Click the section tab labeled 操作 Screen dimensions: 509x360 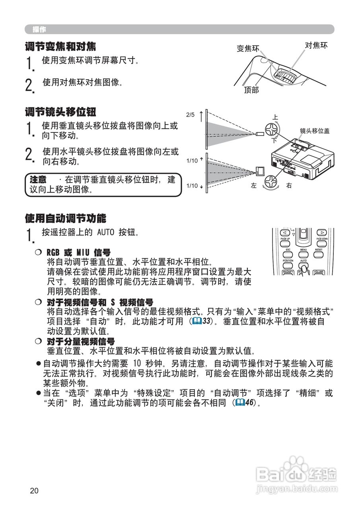pos(39,29)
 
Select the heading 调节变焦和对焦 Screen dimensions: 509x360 pos(60,47)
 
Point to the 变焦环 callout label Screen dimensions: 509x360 pos(248,49)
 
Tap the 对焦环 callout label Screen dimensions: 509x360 pos(316,45)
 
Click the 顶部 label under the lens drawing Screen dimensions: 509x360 pos(251,90)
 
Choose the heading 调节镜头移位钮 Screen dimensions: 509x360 pos(60,112)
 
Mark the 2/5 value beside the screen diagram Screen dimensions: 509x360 pos(191,115)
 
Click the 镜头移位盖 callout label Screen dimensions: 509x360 pos(314,130)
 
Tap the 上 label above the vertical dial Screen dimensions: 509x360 pos(275,117)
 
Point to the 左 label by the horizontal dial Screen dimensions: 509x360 pos(254,186)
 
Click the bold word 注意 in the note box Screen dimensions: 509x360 pos(38,179)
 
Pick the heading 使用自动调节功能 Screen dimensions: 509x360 pos(66,218)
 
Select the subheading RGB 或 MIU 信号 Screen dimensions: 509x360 pos(78,253)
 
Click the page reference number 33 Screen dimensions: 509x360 pos(206,321)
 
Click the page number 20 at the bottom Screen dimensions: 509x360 pos(34,490)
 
